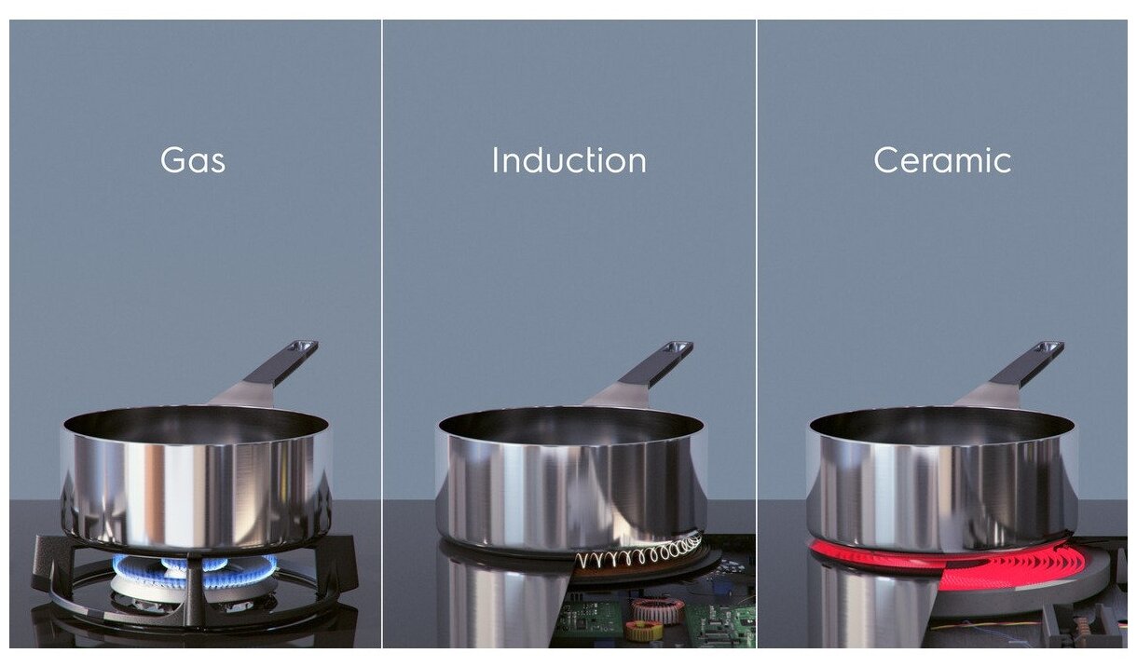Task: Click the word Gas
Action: (x=193, y=160)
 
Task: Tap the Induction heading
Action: (x=569, y=160)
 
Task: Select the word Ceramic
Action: (x=942, y=160)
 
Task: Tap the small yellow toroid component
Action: (x=643, y=631)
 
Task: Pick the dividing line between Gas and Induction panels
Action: (x=382, y=333)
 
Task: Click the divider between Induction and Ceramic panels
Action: (x=757, y=333)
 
